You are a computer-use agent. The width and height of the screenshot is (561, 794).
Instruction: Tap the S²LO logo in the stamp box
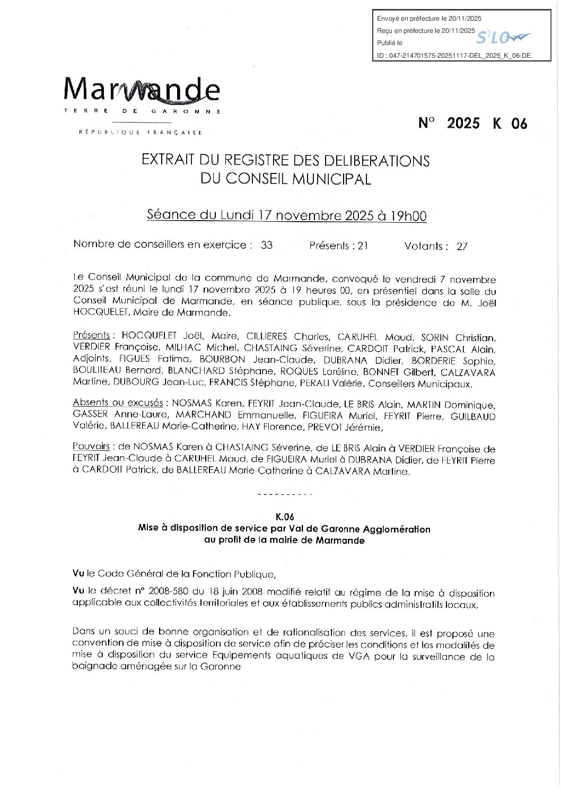[502, 37]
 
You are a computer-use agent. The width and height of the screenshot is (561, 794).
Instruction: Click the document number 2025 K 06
[473, 124]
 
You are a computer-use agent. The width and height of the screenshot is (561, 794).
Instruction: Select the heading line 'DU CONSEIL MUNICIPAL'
[285, 179]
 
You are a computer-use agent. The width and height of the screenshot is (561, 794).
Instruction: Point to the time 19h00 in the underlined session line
[408, 216]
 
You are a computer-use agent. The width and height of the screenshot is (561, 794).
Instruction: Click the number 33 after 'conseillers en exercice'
[267, 245]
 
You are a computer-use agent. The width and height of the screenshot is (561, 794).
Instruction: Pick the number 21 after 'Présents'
[363, 246]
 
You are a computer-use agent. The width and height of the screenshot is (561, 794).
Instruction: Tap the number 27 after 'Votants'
[462, 247]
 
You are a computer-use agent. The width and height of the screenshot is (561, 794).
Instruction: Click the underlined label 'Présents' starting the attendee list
[91, 335]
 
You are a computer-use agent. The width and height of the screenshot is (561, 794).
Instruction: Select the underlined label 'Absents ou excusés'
[118, 403]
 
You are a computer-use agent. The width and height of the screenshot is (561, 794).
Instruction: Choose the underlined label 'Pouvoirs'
[91, 447]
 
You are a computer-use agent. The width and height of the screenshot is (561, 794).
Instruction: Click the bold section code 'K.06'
[285, 517]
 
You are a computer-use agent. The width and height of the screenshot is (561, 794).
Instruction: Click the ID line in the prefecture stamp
[453, 55]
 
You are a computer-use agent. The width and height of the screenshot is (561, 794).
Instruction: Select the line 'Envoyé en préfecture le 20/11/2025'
[429, 19]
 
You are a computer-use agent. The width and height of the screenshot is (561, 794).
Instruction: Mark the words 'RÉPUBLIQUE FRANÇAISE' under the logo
[140, 133]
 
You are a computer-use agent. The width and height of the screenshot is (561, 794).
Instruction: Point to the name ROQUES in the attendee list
[299, 371]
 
